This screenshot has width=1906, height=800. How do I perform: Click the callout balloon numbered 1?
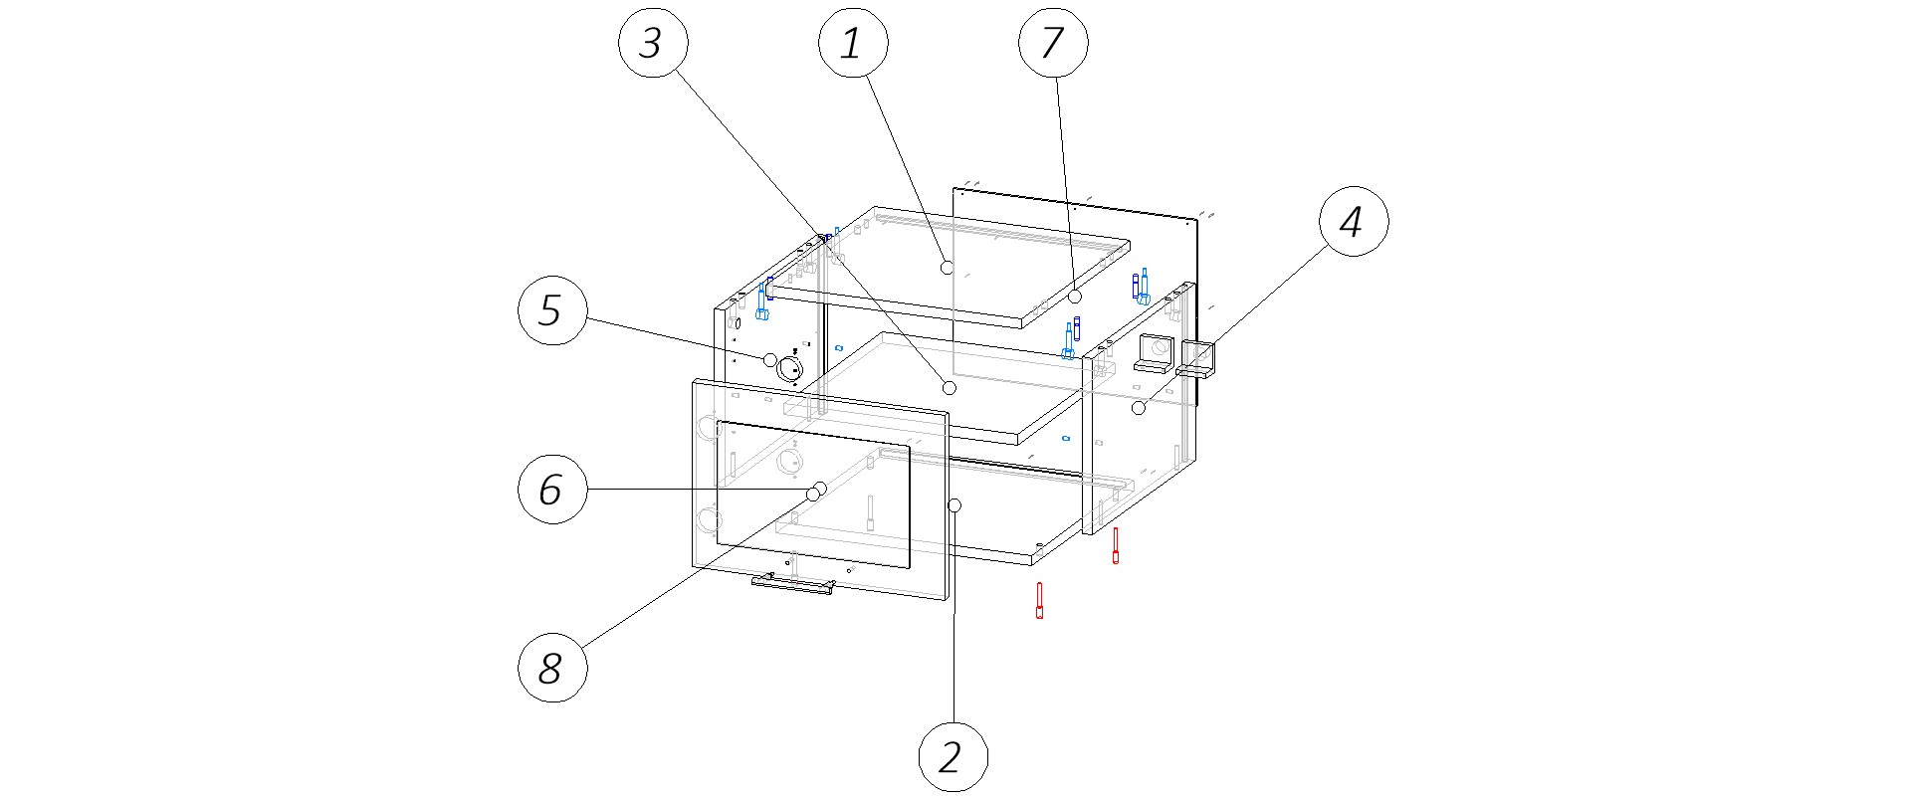coord(851,43)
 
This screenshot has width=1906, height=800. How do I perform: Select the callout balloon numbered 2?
coord(953,757)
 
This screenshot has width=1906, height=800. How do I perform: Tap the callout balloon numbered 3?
coord(651,43)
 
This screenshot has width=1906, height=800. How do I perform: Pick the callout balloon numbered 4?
coord(1354,222)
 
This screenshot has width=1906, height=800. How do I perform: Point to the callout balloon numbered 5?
coord(551,311)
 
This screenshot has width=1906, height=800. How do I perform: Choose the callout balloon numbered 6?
coord(551,490)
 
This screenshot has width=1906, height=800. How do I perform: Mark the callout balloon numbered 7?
coord(1053,43)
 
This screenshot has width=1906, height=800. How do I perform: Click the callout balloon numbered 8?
coord(551,668)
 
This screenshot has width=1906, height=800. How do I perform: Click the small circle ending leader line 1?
coord(947,267)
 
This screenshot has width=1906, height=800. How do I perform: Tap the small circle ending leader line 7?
coord(1075,297)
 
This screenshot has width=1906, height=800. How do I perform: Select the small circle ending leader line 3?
coord(949,387)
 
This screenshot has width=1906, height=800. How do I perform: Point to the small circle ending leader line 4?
coord(1139,408)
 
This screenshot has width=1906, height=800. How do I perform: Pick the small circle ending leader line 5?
coord(769,359)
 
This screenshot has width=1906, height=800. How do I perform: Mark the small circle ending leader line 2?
coord(954,505)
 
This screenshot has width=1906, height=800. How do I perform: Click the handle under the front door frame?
coord(792,585)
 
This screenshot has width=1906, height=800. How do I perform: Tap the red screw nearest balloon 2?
coord(1039,600)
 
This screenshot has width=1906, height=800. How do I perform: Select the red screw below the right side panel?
coord(1116,545)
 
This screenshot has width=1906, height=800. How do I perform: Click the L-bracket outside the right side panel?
coord(1197,359)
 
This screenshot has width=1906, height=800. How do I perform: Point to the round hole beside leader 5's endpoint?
coord(789,368)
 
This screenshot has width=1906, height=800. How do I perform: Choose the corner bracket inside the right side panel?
coord(1155,353)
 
